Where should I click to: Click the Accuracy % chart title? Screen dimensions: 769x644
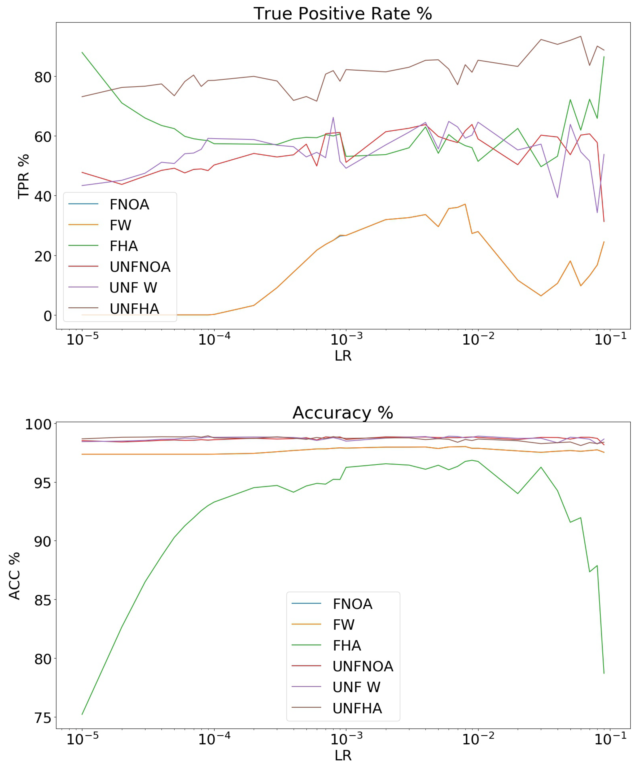click(343, 413)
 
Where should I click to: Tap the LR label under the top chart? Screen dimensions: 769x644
click(343, 355)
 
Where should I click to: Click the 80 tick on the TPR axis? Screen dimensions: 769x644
click(43, 77)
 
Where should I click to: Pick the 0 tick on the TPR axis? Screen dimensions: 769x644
click(48, 316)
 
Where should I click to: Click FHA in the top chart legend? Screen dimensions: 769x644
click(124, 246)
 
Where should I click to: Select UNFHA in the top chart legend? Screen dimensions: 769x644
click(134, 309)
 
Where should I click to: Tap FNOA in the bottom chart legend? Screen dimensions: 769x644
click(352, 604)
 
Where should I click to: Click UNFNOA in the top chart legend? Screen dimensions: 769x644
click(140, 267)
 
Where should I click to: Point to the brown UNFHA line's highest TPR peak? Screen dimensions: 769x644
click(581, 36)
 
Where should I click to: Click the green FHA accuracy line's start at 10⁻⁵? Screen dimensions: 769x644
click(82, 714)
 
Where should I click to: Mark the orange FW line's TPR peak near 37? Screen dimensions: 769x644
click(465, 204)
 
